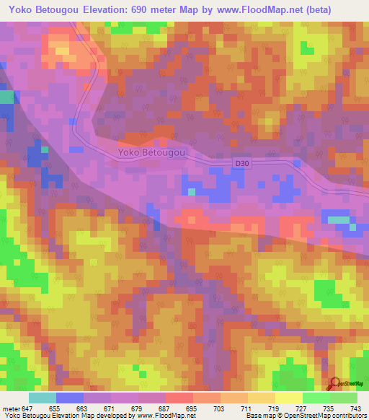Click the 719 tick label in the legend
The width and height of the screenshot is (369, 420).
click(275, 408)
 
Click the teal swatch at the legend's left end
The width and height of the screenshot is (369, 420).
click(43, 398)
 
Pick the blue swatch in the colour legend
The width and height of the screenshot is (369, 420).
click(70, 398)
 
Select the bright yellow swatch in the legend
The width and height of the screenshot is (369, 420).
click(288, 398)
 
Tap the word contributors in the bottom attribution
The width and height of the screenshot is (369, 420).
click(346, 416)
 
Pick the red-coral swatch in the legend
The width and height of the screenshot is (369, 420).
click(179, 398)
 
